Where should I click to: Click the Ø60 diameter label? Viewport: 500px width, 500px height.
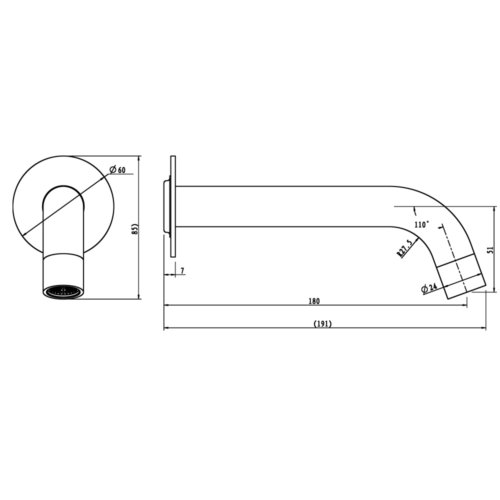pyautogui.click(x=117, y=170)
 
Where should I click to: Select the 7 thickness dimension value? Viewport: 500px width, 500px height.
pyautogui.click(x=182, y=270)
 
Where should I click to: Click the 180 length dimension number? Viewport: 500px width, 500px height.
pyautogui.click(x=314, y=301)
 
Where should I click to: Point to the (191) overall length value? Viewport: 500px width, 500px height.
pyautogui.click(x=322, y=323)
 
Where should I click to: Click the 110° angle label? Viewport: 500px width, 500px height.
pyautogui.click(x=421, y=225)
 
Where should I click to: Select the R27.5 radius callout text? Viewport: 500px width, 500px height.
pyautogui.click(x=404, y=248)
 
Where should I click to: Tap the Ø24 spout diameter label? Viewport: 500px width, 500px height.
pyautogui.click(x=429, y=288)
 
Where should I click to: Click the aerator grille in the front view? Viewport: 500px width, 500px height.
pyautogui.click(x=63, y=291)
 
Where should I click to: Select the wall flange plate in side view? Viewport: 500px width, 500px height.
pyautogui.click(x=173, y=206)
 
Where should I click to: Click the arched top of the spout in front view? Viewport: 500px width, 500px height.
pyautogui.click(x=63, y=188)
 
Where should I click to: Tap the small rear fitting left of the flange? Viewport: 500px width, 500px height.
pyautogui.click(x=167, y=206)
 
